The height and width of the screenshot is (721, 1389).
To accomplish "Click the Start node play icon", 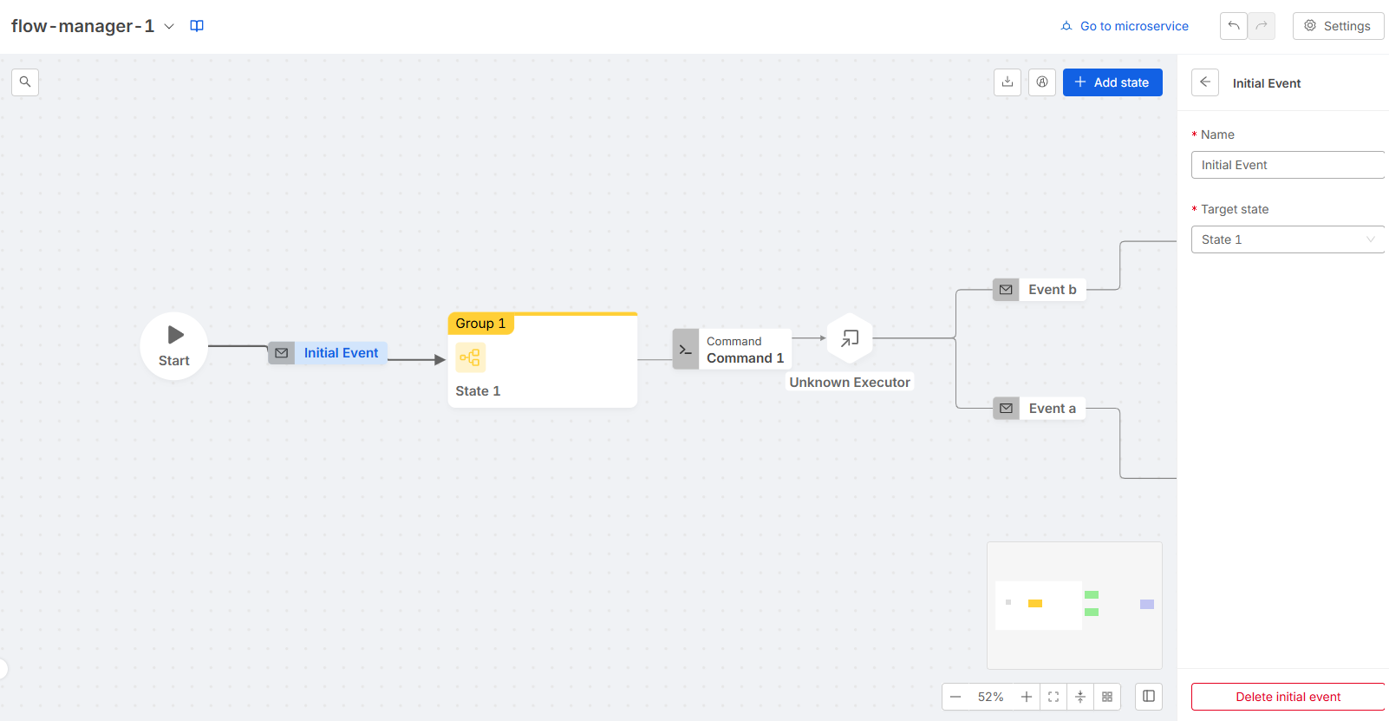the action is [175, 335].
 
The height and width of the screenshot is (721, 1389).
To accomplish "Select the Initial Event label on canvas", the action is [341, 353].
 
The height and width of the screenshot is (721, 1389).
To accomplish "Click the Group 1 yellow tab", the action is [480, 324].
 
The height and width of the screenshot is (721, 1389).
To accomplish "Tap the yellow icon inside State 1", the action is [470, 357].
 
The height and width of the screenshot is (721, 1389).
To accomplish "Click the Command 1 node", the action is [732, 350].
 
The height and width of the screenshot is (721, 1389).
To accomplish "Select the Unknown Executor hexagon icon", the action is [850, 338].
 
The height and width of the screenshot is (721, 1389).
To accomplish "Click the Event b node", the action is [1040, 290].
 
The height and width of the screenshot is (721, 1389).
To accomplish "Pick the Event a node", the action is [1040, 409].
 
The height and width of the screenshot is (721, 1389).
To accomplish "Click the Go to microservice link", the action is [1125, 26].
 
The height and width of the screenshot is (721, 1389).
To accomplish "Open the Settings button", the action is [1338, 26].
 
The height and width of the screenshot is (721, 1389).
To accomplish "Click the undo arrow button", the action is [1233, 26].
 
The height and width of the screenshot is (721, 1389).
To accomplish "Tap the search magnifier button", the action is [25, 82].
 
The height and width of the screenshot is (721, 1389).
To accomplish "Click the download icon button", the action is [1007, 82].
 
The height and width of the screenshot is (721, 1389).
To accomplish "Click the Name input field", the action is [1288, 165].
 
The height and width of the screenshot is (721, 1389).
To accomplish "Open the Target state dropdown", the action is [1288, 239].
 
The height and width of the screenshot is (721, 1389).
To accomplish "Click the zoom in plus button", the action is [1027, 697].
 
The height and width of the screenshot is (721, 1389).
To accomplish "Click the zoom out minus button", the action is [955, 697].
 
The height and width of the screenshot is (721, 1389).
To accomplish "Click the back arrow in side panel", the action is [1205, 82].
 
